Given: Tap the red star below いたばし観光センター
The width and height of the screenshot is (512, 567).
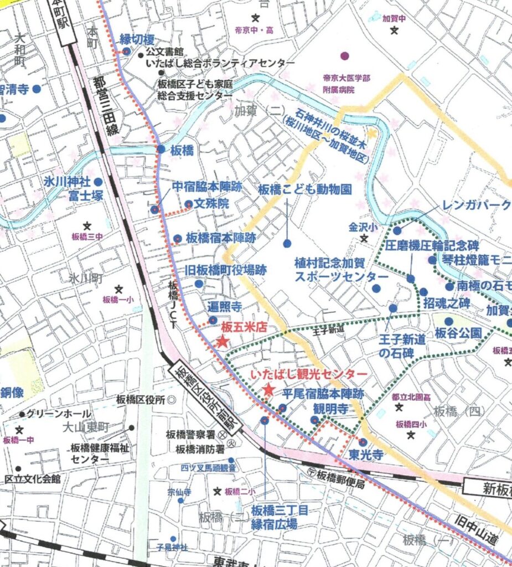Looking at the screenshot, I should click(268, 390).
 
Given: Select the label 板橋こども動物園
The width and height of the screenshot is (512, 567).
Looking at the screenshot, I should click(304, 190).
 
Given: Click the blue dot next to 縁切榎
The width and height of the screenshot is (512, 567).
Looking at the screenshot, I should click(126, 51).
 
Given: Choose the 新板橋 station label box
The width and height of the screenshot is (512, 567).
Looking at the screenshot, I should click(487, 487).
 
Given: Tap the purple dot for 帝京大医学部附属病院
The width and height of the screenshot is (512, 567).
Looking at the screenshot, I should click(345, 55).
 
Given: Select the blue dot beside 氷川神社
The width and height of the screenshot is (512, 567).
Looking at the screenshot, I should click(98, 182).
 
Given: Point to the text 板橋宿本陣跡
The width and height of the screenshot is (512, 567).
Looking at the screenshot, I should click(220, 238).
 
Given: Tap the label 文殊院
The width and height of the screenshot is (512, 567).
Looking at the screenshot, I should click(214, 204).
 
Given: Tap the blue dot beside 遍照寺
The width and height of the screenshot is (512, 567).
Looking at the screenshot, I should click(213, 319).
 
